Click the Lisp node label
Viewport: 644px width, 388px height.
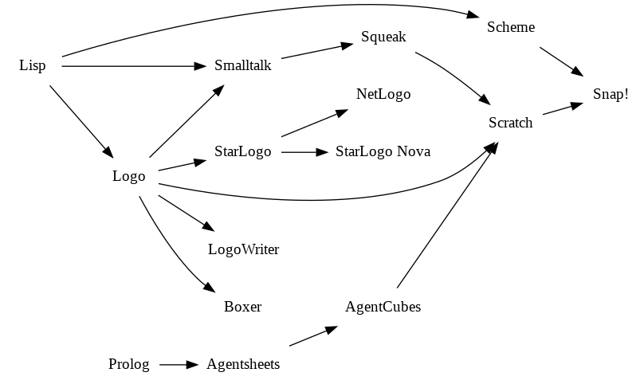pyautogui.click(x=33, y=65)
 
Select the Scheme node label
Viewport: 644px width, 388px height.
pyautogui.click(x=511, y=27)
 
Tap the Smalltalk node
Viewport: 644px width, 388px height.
pyautogui.click(x=243, y=65)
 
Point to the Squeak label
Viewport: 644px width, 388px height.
pyautogui.click(x=383, y=37)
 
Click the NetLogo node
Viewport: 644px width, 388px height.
pyautogui.click(x=383, y=94)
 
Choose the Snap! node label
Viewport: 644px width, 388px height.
pyautogui.click(x=611, y=94)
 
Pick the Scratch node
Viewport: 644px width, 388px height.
pyautogui.click(x=511, y=123)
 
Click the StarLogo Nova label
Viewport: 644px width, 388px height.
pyautogui.click(x=383, y=151)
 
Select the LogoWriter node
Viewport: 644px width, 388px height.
pyautogui.click(x=243, y=249)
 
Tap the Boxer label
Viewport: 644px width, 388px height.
pyautogui.click(x=243, y=307)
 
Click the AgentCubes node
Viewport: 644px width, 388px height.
pyautogui.click(x=383, y=307)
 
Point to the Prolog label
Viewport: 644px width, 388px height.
pyautogui.click(x=129, y=365)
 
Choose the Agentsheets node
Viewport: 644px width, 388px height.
pyautogui.click(x=243, y=365)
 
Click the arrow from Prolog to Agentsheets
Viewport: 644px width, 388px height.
pyautogui.click(x=178, y=365)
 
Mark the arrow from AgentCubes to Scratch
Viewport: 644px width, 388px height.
pyautogui.click(x=446, y=215)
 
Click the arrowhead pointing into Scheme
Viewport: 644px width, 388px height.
pyautogui.click(x=473, y=16)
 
